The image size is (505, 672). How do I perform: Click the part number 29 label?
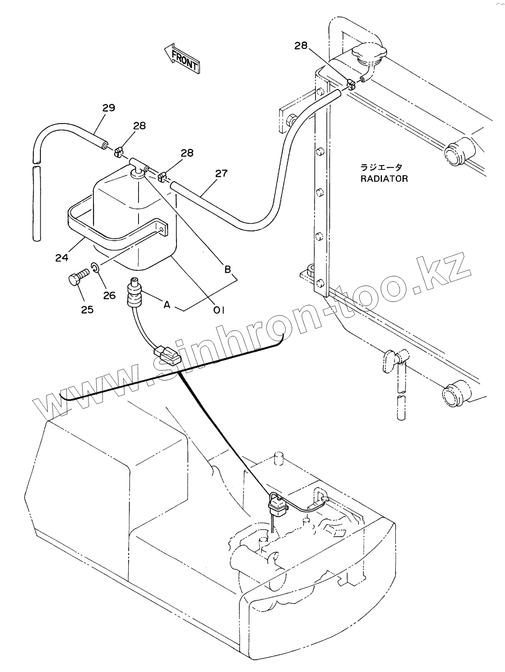coord(109,108)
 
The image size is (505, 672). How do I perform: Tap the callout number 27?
coord(222,173)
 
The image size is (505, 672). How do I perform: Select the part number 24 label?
coord(62,258)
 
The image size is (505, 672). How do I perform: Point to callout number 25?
coord(87,309)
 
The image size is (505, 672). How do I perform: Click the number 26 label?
coord(109,295)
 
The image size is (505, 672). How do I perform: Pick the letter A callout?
coord(167,305)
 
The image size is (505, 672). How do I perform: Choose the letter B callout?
coord(228,270)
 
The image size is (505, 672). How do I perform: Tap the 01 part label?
coord(218,311)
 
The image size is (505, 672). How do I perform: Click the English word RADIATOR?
coord(384,178)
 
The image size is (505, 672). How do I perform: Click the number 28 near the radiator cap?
coord(301,46)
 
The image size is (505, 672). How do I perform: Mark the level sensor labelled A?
coord(135,294)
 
